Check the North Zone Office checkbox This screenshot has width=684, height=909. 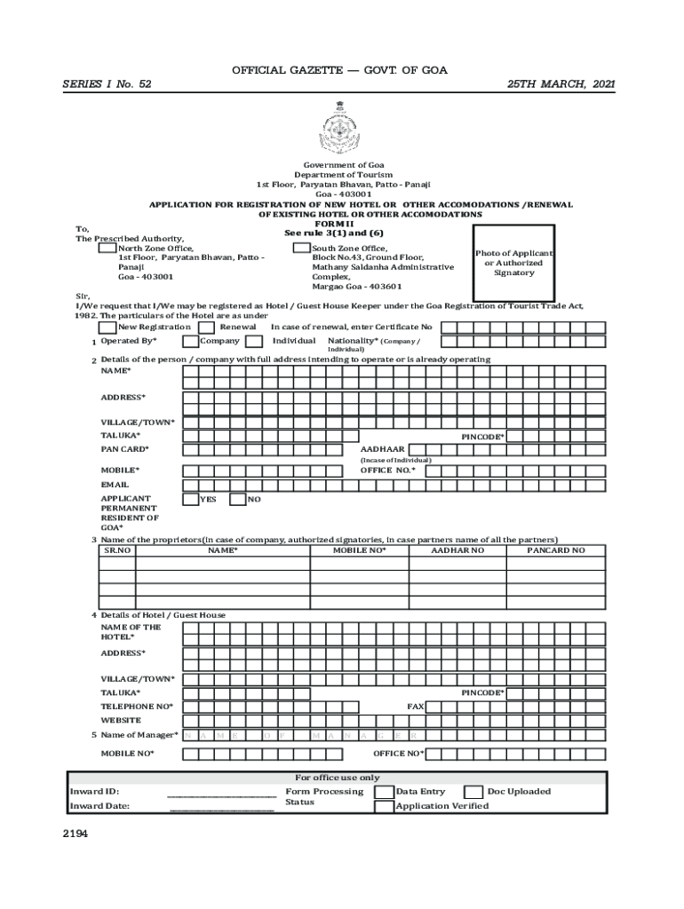click(107, 248)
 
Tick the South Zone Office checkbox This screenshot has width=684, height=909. click(301, 248)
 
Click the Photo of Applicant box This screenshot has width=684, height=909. click(513, 263)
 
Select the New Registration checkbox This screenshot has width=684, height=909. click(108, 328)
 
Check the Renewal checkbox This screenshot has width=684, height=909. click(207, 328)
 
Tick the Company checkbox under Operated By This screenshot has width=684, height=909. click(190, 341)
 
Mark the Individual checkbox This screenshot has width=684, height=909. click(254, 341)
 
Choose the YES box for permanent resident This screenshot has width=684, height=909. click(190, 500)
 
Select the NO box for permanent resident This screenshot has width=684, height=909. click(237, 500)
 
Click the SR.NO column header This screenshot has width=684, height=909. click(117, 550)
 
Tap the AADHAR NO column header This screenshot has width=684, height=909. click(457, 550)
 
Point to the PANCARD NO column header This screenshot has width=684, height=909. click(555, 550)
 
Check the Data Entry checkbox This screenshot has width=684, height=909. click(384, 792)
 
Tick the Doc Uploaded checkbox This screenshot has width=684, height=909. click(473, 792)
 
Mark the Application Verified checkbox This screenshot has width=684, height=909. click(384, 807)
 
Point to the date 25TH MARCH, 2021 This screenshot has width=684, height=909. click(561, 84)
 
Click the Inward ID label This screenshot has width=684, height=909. click(94, 792)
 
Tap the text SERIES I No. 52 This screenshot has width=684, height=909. click(107, 84)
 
